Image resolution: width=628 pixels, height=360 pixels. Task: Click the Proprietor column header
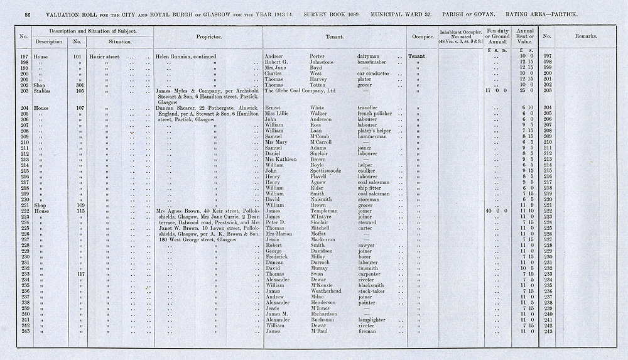click(x=207, y=37)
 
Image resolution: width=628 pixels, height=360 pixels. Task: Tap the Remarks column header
click(x=585, y=37)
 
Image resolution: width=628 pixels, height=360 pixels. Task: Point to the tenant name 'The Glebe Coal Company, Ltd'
click(x=301, y=90)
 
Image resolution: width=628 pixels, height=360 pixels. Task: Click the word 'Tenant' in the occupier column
click(x=416, y=56)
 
